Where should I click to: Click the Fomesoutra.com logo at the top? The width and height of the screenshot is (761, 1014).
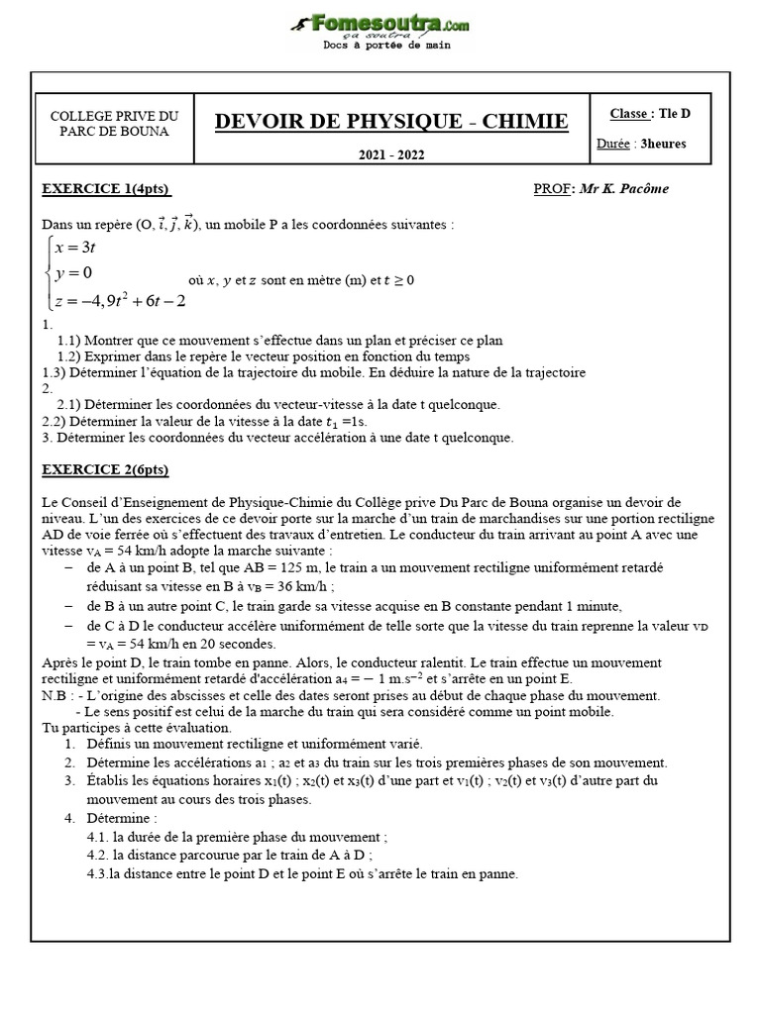click(380, 23)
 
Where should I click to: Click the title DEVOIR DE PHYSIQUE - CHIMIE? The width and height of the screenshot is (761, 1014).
click(391, 121)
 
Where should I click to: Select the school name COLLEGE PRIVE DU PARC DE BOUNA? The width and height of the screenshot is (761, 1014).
click(115, 124)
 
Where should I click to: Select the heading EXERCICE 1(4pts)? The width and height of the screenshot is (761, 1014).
click(99, 189)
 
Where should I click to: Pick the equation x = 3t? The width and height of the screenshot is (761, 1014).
click(75, 250)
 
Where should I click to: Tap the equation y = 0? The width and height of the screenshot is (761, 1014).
click(74, 273)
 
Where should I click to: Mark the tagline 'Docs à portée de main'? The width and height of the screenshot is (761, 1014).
click(381, 46)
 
